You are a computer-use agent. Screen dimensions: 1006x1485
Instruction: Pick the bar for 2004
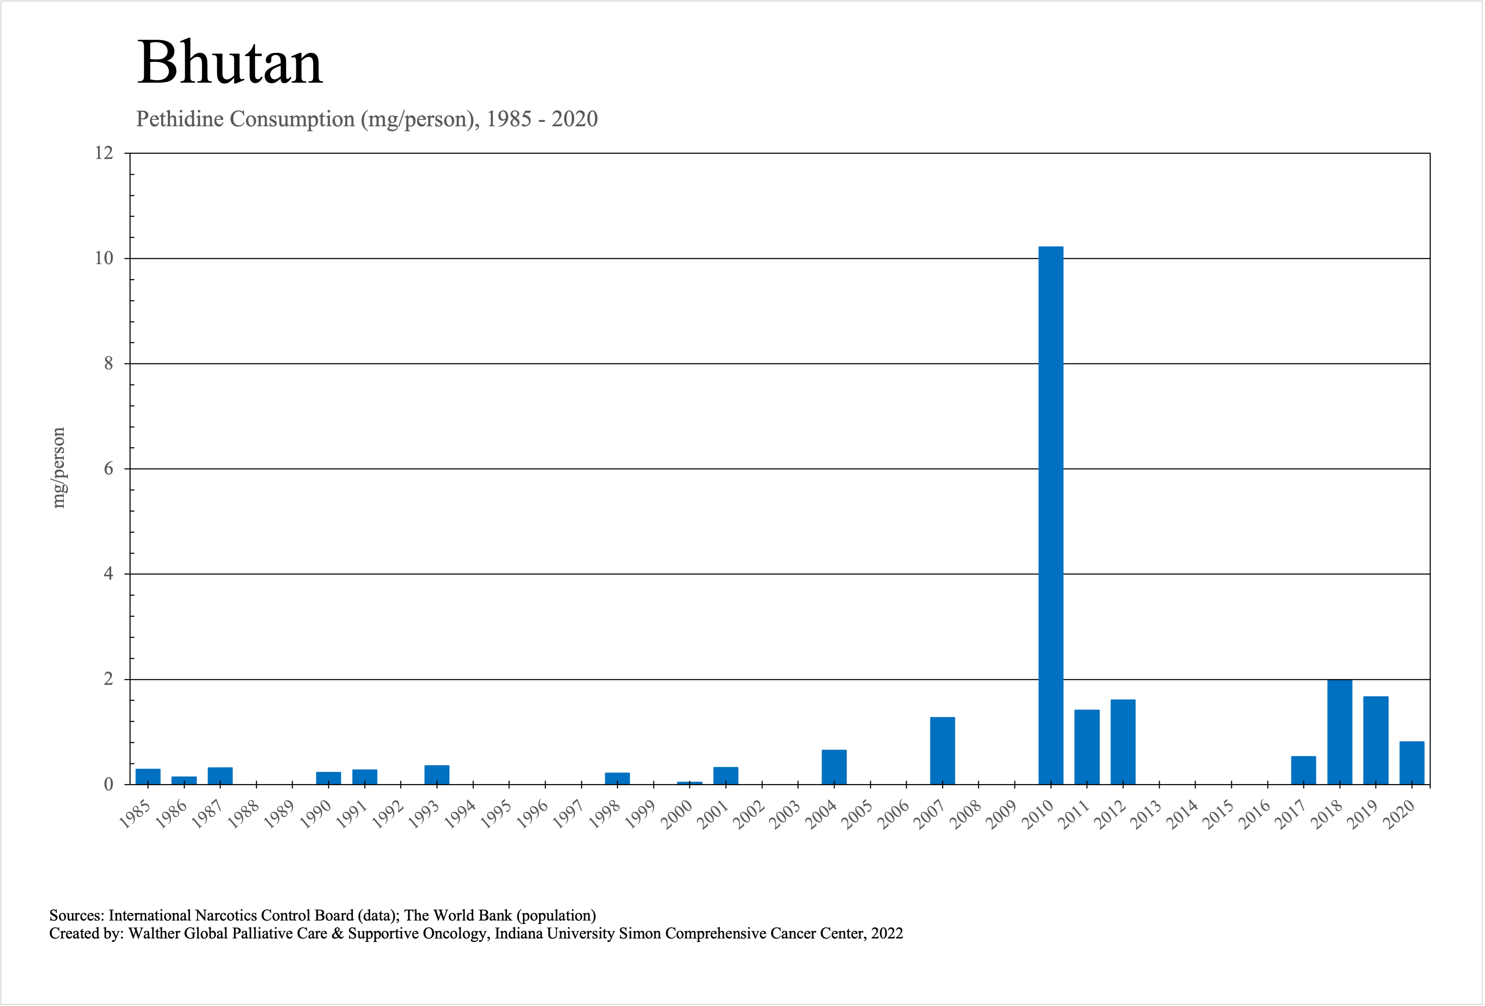[834, 766]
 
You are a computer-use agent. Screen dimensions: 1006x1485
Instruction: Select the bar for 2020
[1411, 763]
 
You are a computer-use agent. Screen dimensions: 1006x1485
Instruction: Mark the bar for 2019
[1376, 740]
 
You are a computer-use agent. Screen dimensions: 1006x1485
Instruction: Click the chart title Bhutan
[230, 63]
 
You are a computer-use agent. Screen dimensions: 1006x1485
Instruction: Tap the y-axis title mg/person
[59, 467]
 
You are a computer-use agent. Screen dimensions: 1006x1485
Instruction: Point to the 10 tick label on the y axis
[103, 258]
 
